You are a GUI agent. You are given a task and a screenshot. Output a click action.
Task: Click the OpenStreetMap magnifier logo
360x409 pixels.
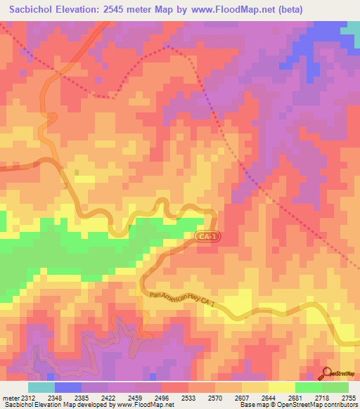click(x=326, y=372)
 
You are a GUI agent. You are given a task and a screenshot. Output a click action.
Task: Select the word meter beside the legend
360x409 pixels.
click(x=10, y=397)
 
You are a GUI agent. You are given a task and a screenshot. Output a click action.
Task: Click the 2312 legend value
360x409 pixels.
click(x=29, y=397)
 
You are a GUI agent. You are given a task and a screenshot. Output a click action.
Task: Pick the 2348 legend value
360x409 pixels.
click(x=56, y=397)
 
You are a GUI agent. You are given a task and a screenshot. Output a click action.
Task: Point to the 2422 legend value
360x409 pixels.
click(x=108, y=397)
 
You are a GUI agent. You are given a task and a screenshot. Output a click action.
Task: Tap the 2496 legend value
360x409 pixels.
click(x=161, y=397)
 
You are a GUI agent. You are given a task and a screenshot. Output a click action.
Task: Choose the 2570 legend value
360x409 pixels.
click(x=215, y=397)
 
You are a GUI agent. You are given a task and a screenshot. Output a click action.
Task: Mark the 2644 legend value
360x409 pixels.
click(x=269, y=397)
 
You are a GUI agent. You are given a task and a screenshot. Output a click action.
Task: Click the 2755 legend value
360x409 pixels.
click(x=348, y=397)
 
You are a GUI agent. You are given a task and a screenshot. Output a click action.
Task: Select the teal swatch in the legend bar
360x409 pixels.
click(x=41, y=387)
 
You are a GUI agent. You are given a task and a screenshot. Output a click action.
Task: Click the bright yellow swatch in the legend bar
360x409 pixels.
click(x=282, y=387)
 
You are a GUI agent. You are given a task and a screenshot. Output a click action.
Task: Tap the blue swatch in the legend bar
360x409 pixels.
click(x=68, y=387)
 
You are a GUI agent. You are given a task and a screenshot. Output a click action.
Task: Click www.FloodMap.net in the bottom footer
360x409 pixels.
click(x=141, y=405)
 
